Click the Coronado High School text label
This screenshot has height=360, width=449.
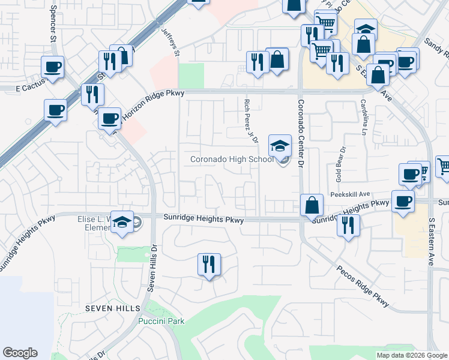(231, 159)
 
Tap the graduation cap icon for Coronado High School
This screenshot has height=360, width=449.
(279, 145)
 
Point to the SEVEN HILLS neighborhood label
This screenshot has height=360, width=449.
(112, 308)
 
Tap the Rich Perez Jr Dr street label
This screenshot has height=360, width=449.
(251, 121)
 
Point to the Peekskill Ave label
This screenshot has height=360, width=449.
(350, 194)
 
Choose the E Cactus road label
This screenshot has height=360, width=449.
(17, 88)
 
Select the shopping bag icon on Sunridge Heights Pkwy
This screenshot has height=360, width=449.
(312, 205)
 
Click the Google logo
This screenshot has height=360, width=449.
(20, 353)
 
